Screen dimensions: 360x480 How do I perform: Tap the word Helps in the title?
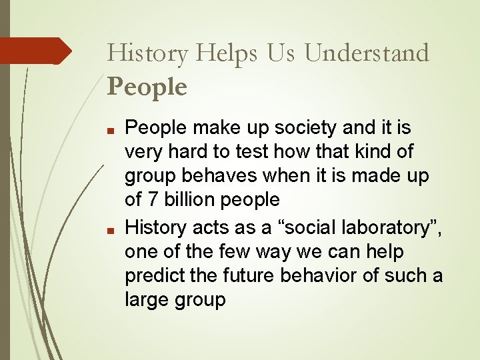point(231,53)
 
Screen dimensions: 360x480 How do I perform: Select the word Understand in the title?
point(367,53)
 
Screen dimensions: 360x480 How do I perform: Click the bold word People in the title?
point(147,87)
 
